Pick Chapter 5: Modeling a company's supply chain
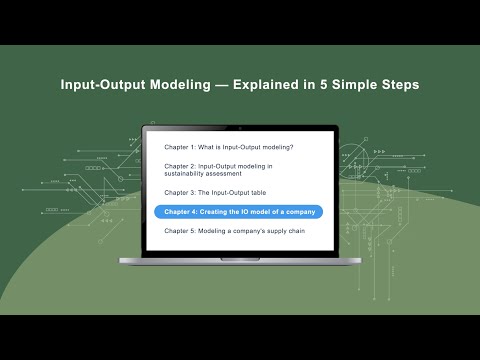pos(234,231)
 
